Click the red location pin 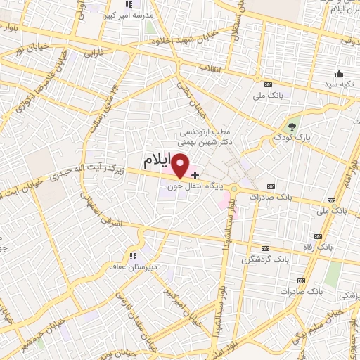coord(181,166)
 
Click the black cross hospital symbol coord(195,174)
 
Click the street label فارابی coord(94,53)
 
